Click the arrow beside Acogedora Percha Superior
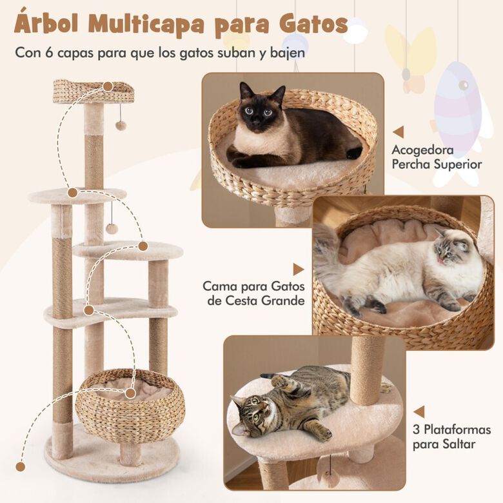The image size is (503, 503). click(x=398, y=132)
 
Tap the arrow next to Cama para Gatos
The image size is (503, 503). click(x=298, y=269)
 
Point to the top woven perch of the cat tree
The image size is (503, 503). click(x=93, y=92)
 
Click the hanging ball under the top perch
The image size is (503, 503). click(x=121, y=124)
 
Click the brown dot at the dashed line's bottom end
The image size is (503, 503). click(x=21, y=466)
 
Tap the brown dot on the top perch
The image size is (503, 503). click(x=108, y=85)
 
